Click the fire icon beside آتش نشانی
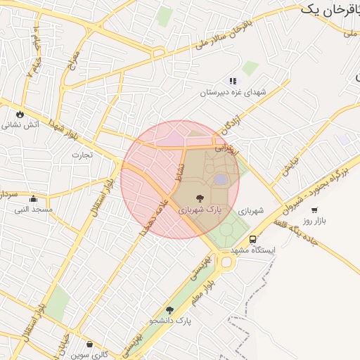coord(19,113)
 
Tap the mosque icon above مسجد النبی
coord(33,199)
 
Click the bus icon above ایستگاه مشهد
coord(253,238)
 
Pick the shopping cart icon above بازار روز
coord(314,210)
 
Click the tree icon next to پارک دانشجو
coord(169,310)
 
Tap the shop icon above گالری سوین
coord(90,344)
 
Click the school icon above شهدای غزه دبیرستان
coord(233,82)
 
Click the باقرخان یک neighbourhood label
coord(329,9)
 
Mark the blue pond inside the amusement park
coord(221,180)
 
